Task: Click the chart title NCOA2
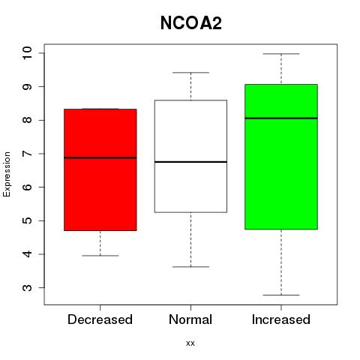pyautogui.click(x=191, y=23)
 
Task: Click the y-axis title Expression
pyautogui.click(x=7, y=174)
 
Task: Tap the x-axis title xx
pyautogui.click(x=190, y=343)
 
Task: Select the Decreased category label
pyautogui.click(x=100, y=319)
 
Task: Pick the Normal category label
pyautogui.click(x=190, y=319)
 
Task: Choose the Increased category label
pyautogui.click(x=281, y=319)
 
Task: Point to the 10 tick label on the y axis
pyautogui.click(x=27, y=53)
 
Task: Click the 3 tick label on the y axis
pyautogui.click(x=27, y=288)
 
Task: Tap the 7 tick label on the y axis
pyautogui.click(x=27, y=154)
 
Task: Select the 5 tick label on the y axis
pyautogui.click(x=27, y=220)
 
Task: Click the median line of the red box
pyautogui.click(x=100, y=157)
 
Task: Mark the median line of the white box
pyautogui.click(x=190, y=162)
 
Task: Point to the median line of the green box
pyautogui.click(x=281, y=118)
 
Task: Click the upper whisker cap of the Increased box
pyautogui.click(x=281, y=54)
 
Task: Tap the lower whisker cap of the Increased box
pyautogui.click(x=281, y=295)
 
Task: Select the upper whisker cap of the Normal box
pyautogui.click(x=190, y=73)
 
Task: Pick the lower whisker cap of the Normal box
pyautogui.click(x=190, y=267)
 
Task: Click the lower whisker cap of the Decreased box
pyautogui.click(x=100, y=256)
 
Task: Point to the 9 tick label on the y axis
pyautogui.click(x=27, y=87)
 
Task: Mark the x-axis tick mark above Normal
pyautogui.click(x=190, y=307)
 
